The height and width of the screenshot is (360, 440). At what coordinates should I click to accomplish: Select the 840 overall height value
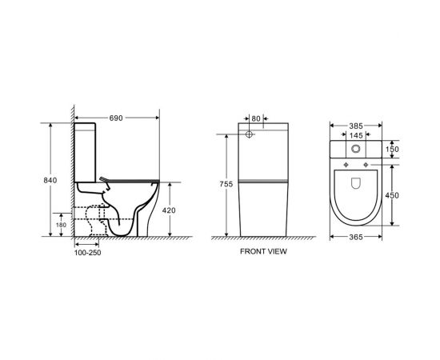(50, 180)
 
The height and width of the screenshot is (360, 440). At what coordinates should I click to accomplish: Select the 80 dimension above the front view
(256, 119)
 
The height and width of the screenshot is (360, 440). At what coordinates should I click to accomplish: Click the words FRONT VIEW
(264, 251)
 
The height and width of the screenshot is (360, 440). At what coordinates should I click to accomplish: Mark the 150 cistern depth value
(391, 149)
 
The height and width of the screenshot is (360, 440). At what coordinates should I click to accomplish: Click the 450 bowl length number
(391, 194)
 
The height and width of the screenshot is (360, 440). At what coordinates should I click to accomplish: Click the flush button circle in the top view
(355, 150)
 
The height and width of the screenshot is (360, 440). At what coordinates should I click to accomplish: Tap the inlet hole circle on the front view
(249, 136)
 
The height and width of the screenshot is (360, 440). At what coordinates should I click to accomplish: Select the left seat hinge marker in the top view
(345, 166)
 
